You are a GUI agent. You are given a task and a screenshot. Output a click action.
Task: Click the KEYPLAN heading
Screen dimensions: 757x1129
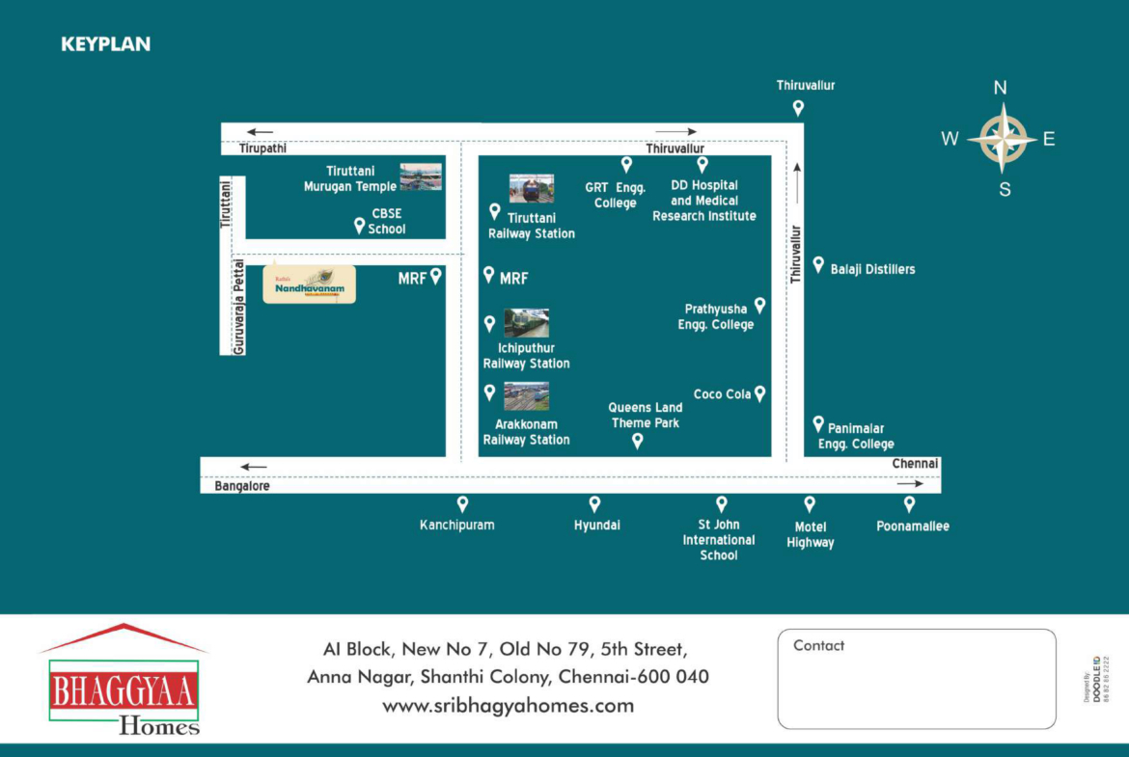[x=105, y=44]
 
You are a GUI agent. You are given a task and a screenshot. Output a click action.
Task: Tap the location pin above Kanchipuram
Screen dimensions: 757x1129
[x=462, y=503]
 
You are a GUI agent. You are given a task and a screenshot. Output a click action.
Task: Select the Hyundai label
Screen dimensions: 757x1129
[x=596, y=526]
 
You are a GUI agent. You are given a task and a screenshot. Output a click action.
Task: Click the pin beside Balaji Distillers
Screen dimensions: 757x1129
[x=818, y=264]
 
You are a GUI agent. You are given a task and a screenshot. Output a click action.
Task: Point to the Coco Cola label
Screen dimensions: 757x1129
[x=722, y=394]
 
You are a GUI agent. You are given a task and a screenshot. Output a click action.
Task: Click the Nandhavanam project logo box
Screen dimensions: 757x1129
[x=310, y=284]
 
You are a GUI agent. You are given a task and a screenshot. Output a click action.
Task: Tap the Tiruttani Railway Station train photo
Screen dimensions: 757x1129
[x=532, y=188]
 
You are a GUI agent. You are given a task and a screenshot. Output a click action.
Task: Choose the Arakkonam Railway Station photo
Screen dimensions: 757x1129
[x=526, y=396]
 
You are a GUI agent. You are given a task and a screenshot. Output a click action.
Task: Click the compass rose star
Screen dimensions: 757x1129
[x=1004, y=139]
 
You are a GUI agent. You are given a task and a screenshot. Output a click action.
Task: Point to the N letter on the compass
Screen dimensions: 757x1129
[x=1001, y=88]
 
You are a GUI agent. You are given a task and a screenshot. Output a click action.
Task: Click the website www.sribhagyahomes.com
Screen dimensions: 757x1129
[x=508, y=706]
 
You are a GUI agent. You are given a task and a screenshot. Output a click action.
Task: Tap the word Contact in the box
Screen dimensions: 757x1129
[x=818, y=646]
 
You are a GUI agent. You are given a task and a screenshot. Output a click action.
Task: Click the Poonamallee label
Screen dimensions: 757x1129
[x=912, y=527]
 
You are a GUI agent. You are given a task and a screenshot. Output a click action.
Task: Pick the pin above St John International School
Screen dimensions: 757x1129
[x=721, y=503]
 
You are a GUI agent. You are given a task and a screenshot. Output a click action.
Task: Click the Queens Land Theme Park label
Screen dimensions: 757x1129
[x=646, y=416]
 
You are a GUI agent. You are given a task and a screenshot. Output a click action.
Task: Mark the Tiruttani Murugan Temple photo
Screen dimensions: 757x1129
[x=421, y=176]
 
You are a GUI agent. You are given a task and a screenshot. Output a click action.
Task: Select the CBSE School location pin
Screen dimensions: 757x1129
[x=359, y=226]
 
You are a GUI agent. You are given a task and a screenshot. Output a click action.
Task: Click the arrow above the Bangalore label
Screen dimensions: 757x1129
[x=254, y=467]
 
